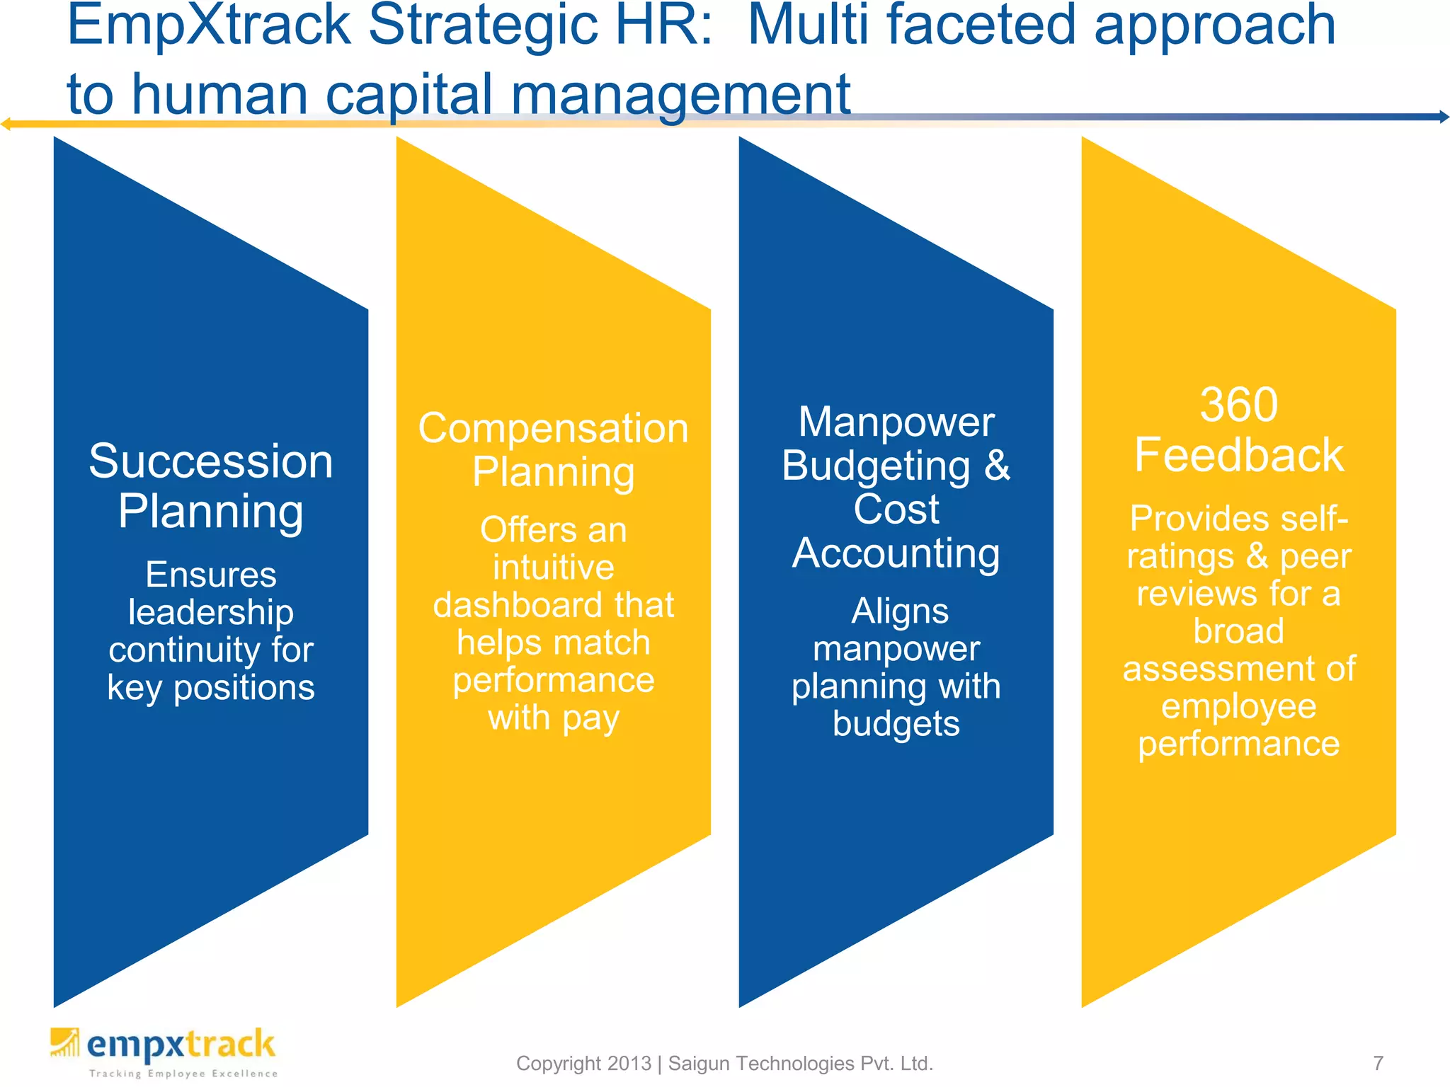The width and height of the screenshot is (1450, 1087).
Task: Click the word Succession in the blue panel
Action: point(210,461)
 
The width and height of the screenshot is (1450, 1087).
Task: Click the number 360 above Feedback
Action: point(1238,405)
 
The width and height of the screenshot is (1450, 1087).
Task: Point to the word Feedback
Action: point(1238,455)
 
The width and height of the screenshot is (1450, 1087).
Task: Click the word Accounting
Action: point(896,553)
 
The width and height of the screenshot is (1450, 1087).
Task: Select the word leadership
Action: point(210,612)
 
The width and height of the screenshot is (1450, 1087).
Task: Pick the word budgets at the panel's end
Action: point(896,724)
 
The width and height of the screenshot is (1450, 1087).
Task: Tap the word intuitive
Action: point(553,568)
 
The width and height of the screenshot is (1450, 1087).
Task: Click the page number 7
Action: point(1378,1063)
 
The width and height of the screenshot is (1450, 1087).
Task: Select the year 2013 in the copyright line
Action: point(629,1063)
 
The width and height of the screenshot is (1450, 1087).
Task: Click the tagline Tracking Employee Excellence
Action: point(183,1074)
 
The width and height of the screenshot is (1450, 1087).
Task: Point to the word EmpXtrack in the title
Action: point(209,25)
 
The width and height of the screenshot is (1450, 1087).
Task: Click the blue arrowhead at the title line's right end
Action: point(1444,117)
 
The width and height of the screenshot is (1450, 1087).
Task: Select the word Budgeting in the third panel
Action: point(876,466)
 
